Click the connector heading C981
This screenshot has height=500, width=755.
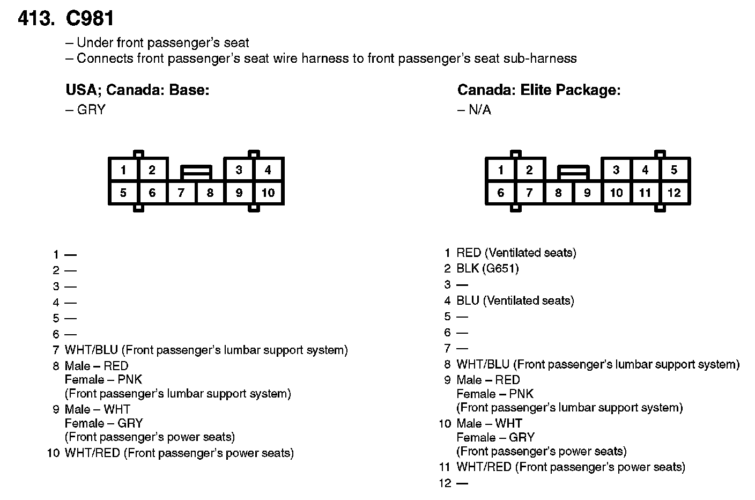tap(90, 18)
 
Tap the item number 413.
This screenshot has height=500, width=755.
tap(36, 18)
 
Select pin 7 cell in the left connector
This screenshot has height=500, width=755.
tap(181, 193)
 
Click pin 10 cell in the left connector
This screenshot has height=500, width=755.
tap(268, 193)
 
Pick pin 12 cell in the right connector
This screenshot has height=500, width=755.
tap(674, 193)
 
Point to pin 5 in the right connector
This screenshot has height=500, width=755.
tap(674, 170)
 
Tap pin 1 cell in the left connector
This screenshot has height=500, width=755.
tap(123, 170)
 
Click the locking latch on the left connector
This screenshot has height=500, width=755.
tap(196, 172)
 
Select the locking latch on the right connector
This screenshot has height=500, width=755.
tap(573, 172)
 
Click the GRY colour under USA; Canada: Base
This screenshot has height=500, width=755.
tap(91, 110)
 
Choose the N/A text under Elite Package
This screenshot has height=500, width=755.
tap(479, 110)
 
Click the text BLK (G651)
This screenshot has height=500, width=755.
tap(487, 268)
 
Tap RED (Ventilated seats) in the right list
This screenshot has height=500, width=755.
tap(516, 253)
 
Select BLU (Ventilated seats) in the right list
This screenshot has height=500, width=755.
tap(515, 300)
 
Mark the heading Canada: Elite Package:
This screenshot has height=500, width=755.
tap(538, 90)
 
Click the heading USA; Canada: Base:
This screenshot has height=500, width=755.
tap(137, 90)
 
